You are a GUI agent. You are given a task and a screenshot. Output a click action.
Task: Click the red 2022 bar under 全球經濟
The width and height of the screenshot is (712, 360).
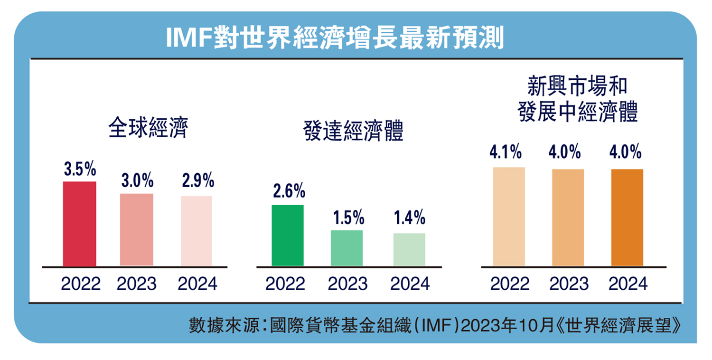click(x=79, y=224)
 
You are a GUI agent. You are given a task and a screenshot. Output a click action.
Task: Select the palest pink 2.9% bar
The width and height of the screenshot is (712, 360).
click(x=197, y=231)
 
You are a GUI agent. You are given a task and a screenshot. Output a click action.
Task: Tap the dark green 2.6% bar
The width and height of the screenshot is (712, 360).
click(x=287, y=235)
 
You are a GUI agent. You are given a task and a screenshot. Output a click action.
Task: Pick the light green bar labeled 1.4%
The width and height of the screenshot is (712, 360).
click(x=409, y=249)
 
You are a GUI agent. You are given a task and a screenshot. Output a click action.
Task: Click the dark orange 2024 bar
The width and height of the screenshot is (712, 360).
click(x=627, y=217)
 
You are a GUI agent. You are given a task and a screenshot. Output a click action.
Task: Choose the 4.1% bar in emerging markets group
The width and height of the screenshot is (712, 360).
click(x=509, y=216)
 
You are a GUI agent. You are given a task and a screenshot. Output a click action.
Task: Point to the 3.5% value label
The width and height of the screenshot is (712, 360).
click(x=80, y=170)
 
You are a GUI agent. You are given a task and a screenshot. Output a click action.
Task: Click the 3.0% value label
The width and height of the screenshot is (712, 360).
click(x=137, y=181)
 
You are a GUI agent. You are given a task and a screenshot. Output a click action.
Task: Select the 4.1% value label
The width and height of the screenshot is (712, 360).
click(x=506, y=152)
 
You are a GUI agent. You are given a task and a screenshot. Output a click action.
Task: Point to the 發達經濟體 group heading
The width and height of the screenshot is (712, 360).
click(x=353, y=133)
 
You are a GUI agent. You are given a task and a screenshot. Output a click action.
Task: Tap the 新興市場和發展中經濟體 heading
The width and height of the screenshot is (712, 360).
click(x=577, y=101)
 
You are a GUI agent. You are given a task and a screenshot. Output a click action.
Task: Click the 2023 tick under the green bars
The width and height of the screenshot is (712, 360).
click(x=347, y=284)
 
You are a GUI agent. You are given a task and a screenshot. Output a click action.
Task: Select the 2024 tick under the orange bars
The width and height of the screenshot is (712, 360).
click(x=628, y=284)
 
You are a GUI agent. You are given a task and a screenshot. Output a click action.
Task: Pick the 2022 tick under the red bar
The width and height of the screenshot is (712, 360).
click(x=81, y=284)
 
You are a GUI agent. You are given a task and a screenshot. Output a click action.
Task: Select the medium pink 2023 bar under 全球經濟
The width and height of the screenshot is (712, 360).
click(x=137, y=229)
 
